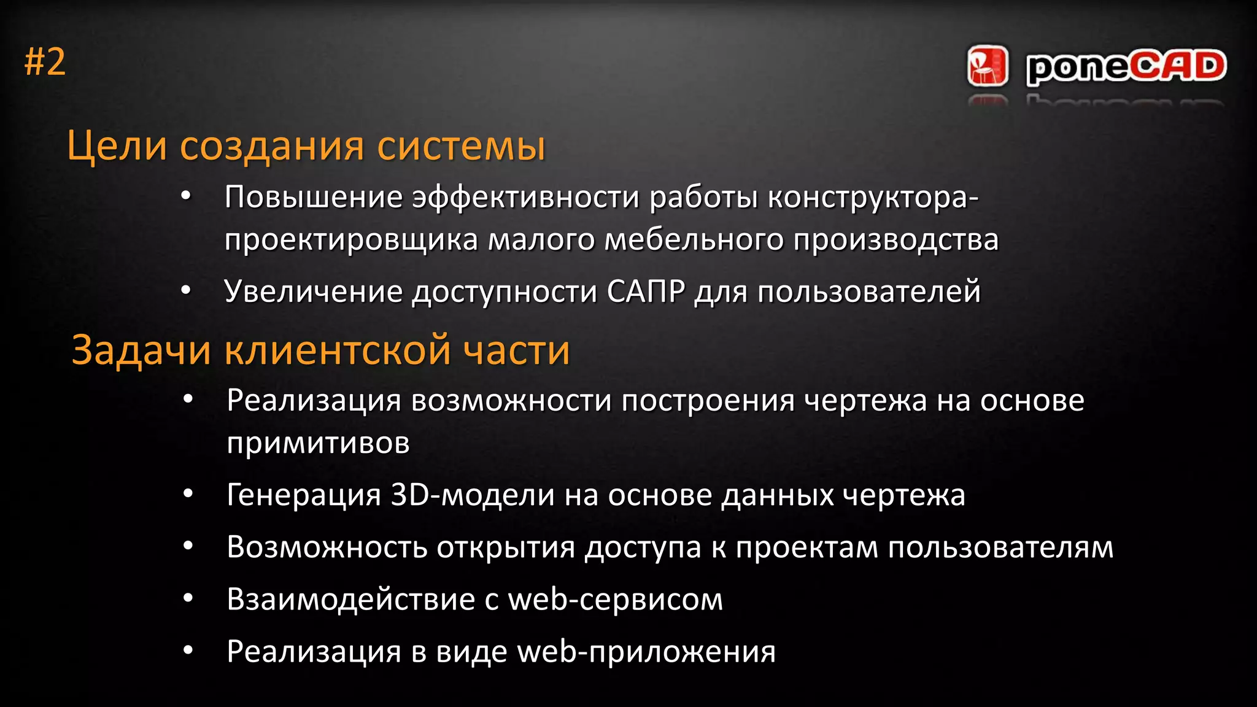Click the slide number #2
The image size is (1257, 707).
tap(45, 63)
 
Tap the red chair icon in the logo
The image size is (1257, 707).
tap(988, 66)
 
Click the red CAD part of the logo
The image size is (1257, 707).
tap(1177, 66)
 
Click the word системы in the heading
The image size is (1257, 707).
tap(461, 147)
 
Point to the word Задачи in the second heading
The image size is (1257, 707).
tap(141, 350)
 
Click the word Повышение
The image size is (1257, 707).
tap(314, 198)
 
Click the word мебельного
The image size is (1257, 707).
tap(694, 239)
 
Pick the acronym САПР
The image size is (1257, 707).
tap(646, 292)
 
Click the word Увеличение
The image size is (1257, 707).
tap(314, 292)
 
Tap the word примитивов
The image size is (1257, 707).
tap(318, 442)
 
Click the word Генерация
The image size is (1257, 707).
tap(304, 495)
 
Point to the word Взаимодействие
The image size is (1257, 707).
tap(350, 599)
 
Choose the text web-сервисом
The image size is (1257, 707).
tap(616, 599)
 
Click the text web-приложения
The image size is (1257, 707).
tap(646, 651)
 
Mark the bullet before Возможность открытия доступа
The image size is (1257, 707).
tap(188, 546)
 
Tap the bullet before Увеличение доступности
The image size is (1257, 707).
tap(186, 290)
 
